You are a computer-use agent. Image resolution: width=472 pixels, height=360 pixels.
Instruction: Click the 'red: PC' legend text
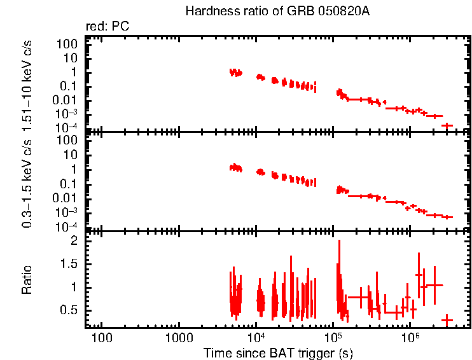pyautogui.click(x=113, y=27)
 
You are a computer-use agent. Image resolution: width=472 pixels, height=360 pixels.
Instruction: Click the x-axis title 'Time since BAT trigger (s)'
pyautogui.click(x=278, y=352)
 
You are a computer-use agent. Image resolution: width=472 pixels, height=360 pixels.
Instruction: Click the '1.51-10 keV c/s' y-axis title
pyautogui.click(x=27, y=83)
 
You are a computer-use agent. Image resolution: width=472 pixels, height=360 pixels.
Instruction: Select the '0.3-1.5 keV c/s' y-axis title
pyautogui.click(x=27, y=181)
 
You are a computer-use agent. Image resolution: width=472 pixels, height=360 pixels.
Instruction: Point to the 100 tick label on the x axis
pyautogui.click(x=101, y=336)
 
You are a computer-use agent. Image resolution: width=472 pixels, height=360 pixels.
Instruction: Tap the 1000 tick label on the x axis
pyautogui.click(x=178, y=336)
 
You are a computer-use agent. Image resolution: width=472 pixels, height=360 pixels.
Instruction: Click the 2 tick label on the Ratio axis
pyautogui.click(x=74, y=241)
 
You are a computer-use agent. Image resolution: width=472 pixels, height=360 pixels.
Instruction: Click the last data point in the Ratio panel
pyautogui.click(x=447, y=319)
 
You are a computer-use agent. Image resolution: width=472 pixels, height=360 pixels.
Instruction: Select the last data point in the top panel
pyautogui.click(x=447, y=125)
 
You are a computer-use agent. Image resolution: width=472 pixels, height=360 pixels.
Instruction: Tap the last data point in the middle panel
pyautogui.click(x=447, y=217)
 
